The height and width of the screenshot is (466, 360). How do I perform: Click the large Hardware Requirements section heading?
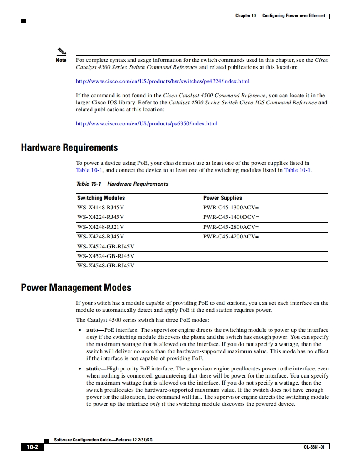(69, 148)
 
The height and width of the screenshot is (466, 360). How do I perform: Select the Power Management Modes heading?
(76, 287)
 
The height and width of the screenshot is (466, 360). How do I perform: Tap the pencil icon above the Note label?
(62, 52)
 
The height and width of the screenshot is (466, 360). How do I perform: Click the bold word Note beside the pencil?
(61, 60)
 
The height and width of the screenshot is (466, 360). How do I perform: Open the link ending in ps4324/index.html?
(163, 81)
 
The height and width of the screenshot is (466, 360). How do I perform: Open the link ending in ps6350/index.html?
(146, 123)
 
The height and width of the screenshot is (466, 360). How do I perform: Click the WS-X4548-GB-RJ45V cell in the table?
(106, 266)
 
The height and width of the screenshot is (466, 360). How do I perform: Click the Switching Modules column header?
(101, 198)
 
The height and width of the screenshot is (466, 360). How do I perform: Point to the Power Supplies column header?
(222, 198)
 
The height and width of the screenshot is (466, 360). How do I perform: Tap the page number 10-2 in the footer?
(32, 447)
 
